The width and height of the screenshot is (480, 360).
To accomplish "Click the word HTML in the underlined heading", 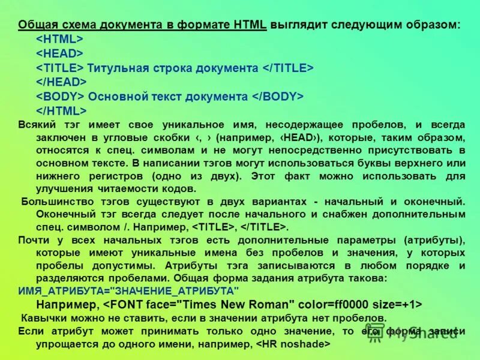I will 251,25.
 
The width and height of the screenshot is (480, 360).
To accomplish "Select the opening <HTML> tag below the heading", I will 59,39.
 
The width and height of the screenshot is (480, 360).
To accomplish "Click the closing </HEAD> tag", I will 61,82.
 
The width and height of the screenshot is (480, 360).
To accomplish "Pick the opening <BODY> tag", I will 60,97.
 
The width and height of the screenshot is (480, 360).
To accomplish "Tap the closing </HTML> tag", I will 61,110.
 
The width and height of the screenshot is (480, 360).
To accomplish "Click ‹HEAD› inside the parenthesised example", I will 302,138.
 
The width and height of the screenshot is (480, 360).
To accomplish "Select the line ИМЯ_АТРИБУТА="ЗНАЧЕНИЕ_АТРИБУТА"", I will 129,290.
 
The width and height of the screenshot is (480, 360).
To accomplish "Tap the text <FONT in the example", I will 123,304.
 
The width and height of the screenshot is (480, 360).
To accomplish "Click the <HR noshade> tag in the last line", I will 293,344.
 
